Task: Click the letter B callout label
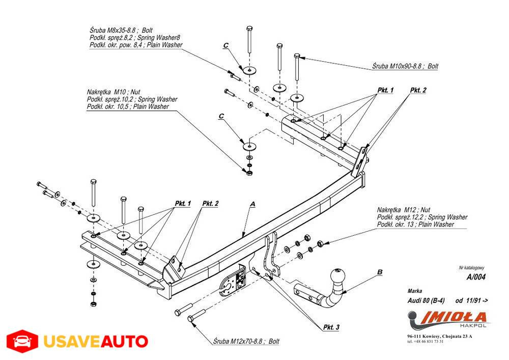380,272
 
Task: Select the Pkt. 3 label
330,327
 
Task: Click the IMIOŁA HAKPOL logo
447,319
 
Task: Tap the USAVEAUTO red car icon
21,341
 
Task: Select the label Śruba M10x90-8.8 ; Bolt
405,66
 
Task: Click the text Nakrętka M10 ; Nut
114,92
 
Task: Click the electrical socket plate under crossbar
232,280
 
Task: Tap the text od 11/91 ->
471,300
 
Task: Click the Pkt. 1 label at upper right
385,90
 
